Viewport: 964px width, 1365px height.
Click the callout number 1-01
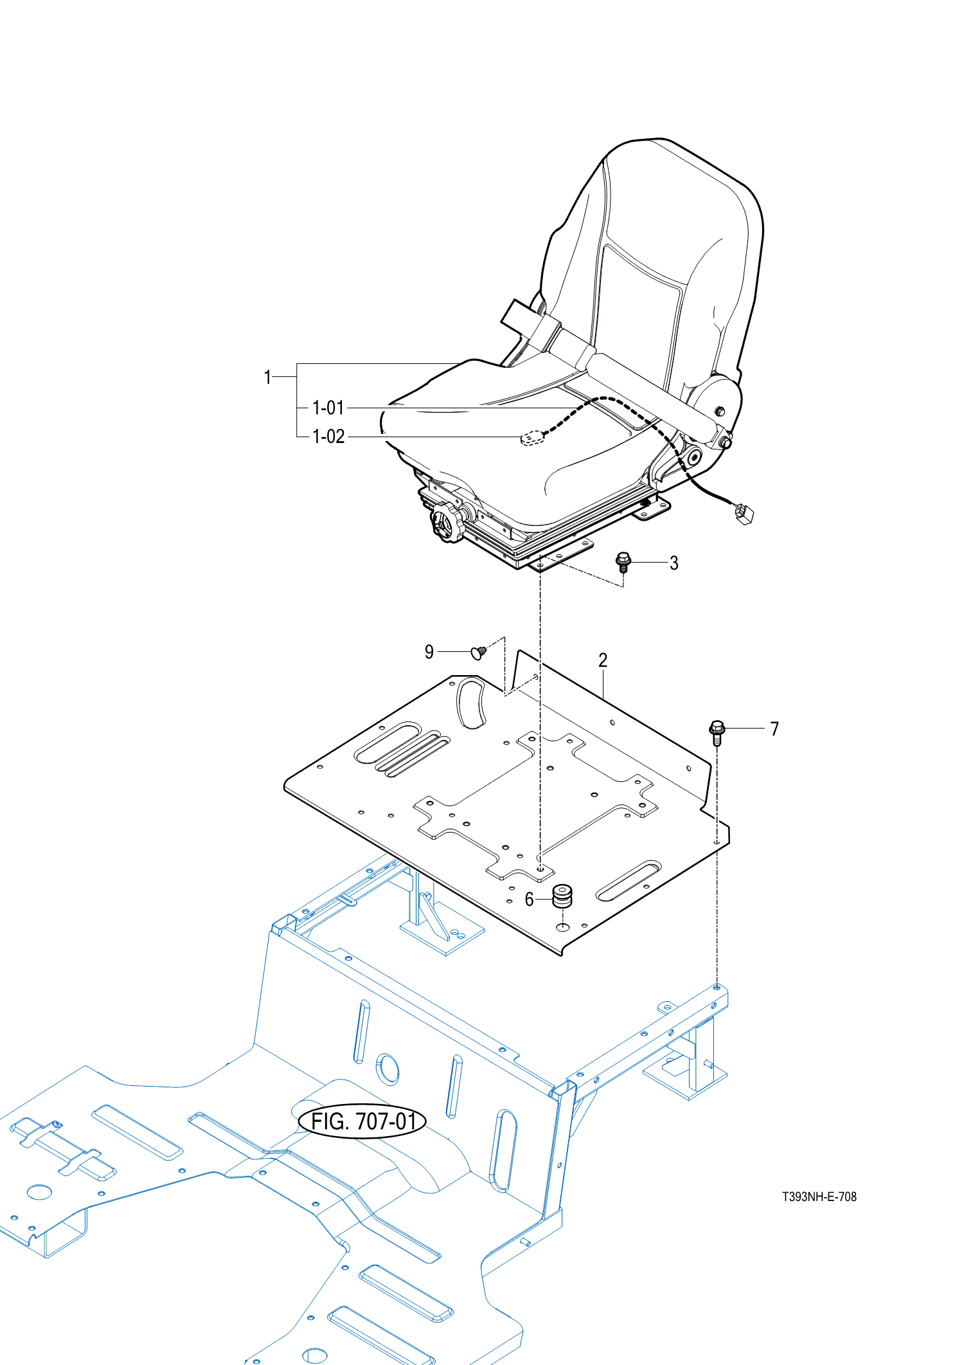[x=328, y=408]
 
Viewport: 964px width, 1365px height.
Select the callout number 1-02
[x=328, y=437]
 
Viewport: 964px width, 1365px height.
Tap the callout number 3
[x=674, y=563]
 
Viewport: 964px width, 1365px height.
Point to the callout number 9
[x=429, y=652]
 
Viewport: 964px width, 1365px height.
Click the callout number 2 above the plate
[x=603, y=660]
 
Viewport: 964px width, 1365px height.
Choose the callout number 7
[x=774, y=729]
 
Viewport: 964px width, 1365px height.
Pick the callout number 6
[x=529, y=899]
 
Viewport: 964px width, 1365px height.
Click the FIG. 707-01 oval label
[x=362, y=1121]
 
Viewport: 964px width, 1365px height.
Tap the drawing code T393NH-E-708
[x=819, y=1197]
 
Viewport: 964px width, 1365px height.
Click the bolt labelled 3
[x=623, y=562]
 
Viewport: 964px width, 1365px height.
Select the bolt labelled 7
[x=717, y=732]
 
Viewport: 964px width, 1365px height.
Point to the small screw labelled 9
[x=479, y=653]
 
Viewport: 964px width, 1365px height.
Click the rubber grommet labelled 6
[x=562, y=896]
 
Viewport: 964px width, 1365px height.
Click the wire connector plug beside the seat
[x=744, y=513]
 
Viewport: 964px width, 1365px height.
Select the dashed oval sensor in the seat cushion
[x=532, y=438]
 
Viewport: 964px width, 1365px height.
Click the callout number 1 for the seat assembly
[x=267, y=377]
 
